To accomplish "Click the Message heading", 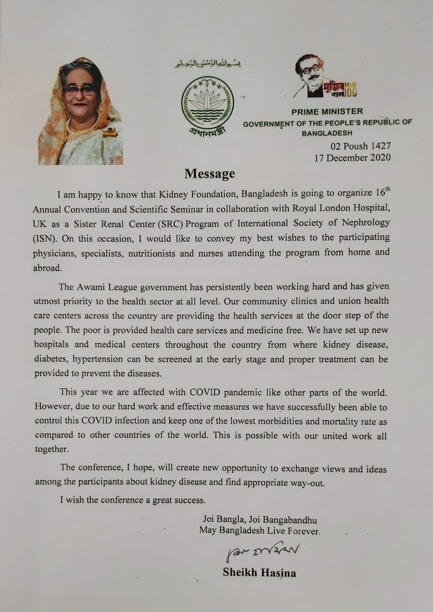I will (210, 174).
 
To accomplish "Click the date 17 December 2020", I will (352, 158).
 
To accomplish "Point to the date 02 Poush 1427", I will (360, 146).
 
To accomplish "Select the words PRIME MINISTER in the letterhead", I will (327, 112).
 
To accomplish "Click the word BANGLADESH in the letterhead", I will (327, 133).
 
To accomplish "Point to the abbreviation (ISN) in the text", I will (45, 238).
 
